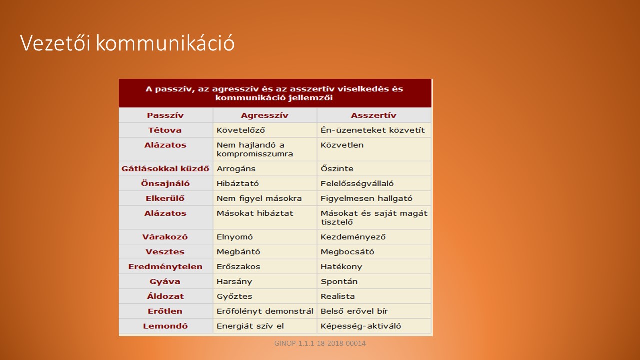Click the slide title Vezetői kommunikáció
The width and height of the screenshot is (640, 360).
coord(127,43)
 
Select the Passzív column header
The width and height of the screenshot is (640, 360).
coord(165,115)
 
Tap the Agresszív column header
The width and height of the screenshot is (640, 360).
coord(264,115)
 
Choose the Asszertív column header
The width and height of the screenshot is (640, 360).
coord(373,115)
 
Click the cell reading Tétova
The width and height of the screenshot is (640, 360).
coord(165,130)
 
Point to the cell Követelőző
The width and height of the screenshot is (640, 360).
coord(241,130)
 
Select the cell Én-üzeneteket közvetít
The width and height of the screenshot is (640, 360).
coord(373,130)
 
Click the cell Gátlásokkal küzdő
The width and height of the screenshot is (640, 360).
coord(165,169)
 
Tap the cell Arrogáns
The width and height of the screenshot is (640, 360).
coord(236,169)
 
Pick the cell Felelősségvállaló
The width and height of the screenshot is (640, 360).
coord(357,183)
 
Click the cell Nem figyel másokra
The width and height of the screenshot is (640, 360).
coord(259,198)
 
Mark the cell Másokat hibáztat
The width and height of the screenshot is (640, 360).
coord(255,213)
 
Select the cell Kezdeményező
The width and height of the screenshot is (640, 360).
coord(353,237)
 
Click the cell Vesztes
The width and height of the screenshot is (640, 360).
coord(165,252)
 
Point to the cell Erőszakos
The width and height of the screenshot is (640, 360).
coord(238,267)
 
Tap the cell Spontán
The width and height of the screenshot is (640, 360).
coord(339,281)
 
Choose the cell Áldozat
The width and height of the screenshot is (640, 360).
coord(165,296)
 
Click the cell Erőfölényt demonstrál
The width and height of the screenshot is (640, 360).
coord(265,311)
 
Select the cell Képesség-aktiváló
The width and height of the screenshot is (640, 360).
coord(361,326)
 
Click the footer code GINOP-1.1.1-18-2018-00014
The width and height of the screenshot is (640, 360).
coord(320,343)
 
